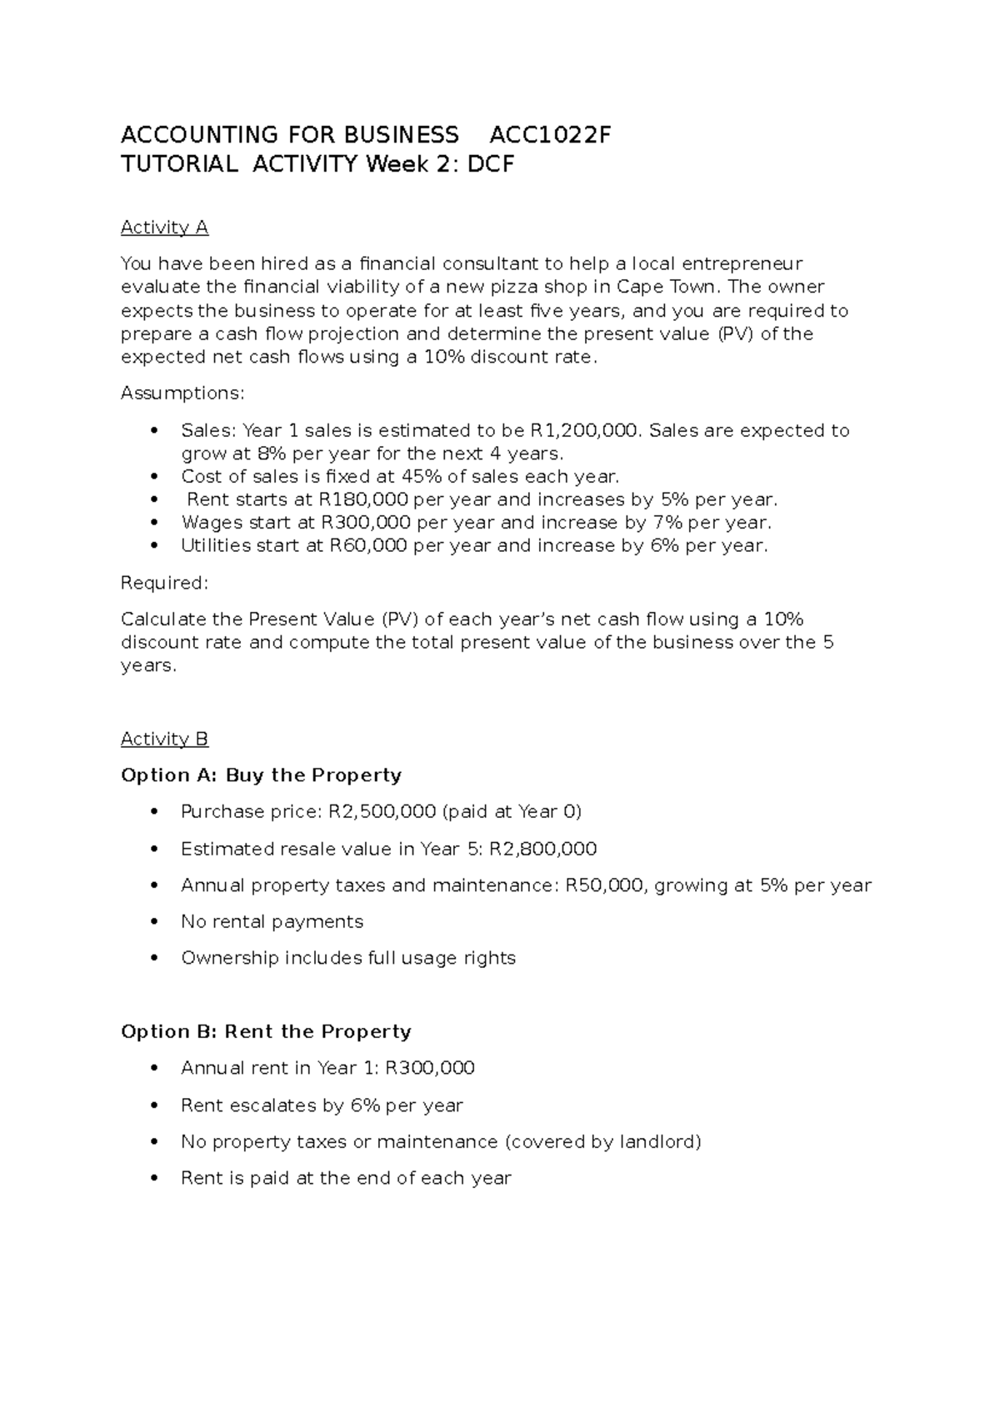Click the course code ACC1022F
550,135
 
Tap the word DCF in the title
491,164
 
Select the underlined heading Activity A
164,228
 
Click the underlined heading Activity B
164,739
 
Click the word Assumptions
182,393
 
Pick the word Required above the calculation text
163,583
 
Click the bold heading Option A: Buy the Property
261,775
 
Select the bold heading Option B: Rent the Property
266,1032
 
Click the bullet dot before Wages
153,524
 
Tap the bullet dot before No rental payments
153,922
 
